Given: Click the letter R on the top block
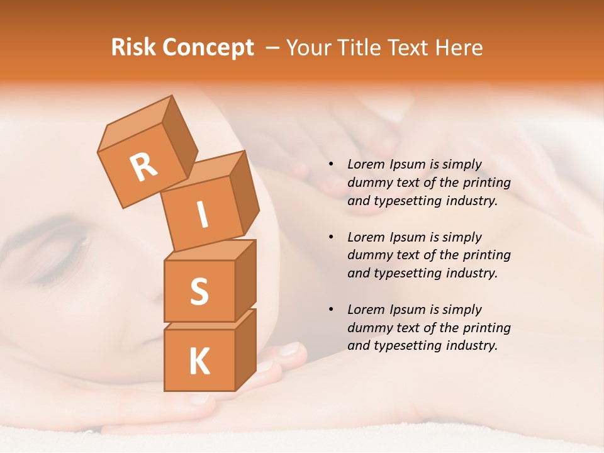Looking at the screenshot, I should [x=143, y=167].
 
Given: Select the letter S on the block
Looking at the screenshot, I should [x=199, y=291].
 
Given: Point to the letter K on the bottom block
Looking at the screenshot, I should [x=199, y=362].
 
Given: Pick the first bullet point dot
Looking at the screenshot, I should [x=331, y=164].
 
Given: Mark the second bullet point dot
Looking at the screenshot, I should [x=331, y=237].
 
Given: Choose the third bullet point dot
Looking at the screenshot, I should [x=331, y=310].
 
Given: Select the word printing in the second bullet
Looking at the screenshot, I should [x=486, y=255].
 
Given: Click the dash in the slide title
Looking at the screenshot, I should [x=272, y=48].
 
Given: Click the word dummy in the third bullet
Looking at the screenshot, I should [x=370, y=328].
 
